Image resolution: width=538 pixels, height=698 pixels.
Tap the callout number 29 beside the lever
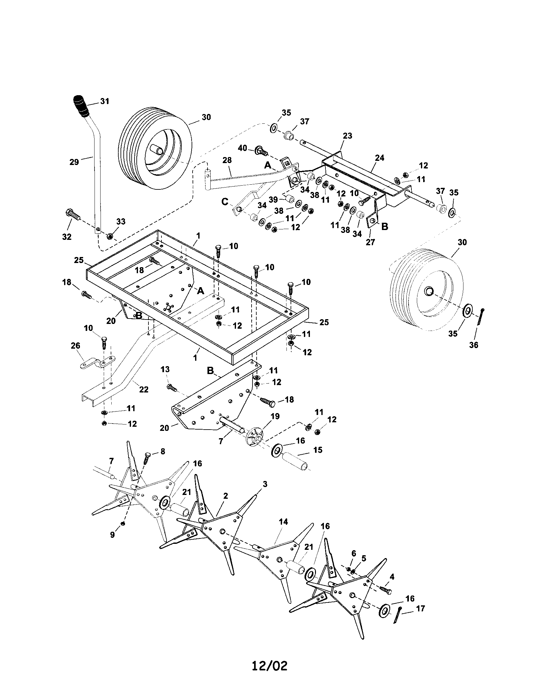74,162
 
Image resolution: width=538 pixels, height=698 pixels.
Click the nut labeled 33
108,236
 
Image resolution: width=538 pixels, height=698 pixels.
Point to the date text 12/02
269,675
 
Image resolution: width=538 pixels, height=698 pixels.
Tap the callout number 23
347,135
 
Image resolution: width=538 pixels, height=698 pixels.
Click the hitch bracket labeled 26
97,362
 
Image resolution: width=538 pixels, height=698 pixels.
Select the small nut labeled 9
123,523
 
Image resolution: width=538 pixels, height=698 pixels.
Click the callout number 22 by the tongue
144,389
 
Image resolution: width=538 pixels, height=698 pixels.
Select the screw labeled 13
172,388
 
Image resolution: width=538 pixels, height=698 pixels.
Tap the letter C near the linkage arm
225,202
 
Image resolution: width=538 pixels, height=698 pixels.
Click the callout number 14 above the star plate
283,522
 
